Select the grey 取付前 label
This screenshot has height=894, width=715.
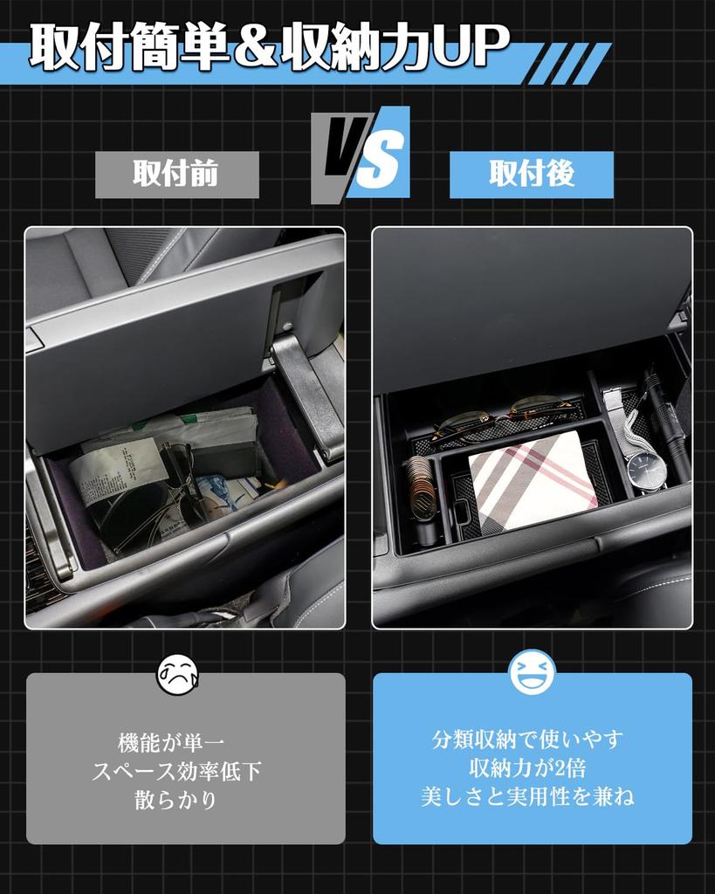tap(176, 175)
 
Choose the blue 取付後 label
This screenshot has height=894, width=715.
tap(531, 175)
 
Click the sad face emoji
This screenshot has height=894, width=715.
tap(177, 674)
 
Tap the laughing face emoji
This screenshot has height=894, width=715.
tap(533, 673)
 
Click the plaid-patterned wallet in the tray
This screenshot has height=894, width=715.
tap(532, 480)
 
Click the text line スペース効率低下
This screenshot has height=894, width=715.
tap(176, 772)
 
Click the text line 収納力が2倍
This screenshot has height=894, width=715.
tap(532, 768)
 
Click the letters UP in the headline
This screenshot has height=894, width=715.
tap(471, 47)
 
